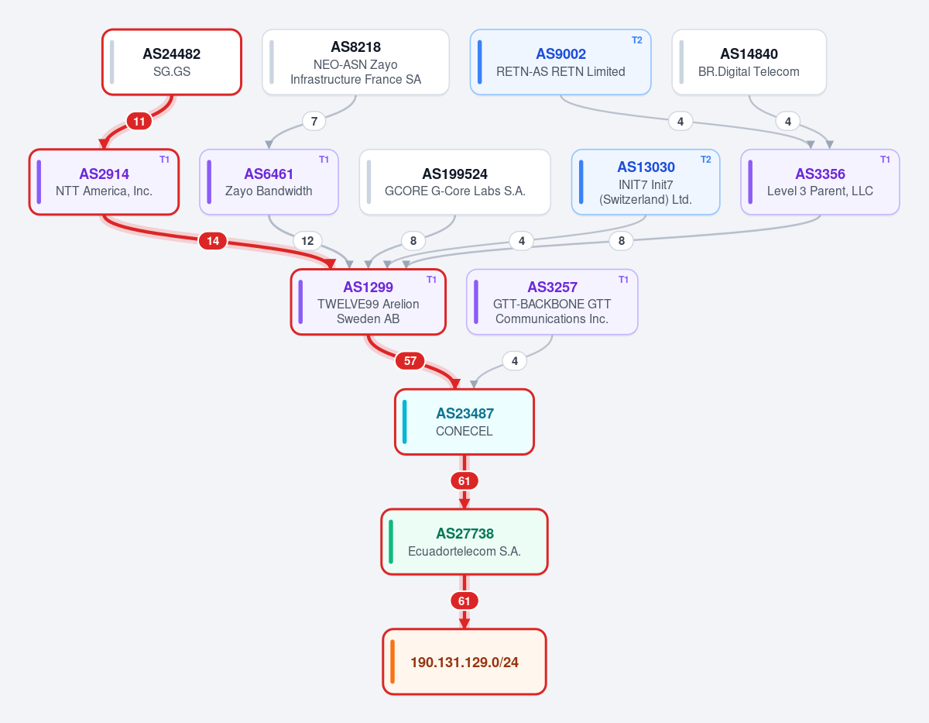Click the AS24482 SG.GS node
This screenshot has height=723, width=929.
pyautogui.click(x=172, y=62)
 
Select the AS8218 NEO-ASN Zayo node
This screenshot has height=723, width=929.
pyautogui.click(x=355, y=62)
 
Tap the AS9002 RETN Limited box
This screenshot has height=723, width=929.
pyautogui.click(x=560, y=62)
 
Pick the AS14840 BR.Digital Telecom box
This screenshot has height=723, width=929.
pyautogui.click(x=749, y=62)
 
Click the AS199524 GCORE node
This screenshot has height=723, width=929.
pyautogui.click(x=455, y=182)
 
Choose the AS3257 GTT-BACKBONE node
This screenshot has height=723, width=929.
pyautogui.click(x=552, y=302)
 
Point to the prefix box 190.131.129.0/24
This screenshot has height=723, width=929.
pyautogui.click(x=464, y=662)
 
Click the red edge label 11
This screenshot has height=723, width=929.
pyautogui.click(x=139, y=122)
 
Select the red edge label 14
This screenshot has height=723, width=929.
pyautogui.click(x=212, y=241)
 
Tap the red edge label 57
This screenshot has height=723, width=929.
pyautogui.click(x=410, y=361)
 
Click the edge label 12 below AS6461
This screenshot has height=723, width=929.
pyautogui.click(x=307, y=241)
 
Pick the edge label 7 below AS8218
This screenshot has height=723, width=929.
pyautogui.click(x=314, y=122)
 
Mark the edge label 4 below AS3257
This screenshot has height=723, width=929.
pyautogui.click(x=515, y=361)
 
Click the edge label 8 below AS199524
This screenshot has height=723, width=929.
pyautogui.click(x=413, y=241)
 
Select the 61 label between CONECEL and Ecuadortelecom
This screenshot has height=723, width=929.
pyautogui.click(x=464, y=481)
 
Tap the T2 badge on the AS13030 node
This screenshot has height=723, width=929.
pyautogui.click(x=706, y=160)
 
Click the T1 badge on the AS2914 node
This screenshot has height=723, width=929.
pyautogui.click(x=164, y=160)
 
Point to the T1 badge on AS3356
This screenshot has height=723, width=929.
pyautogui.click(x=885, y=160)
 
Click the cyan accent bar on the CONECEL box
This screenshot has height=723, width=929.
pyautogui.click(x=404, y=422)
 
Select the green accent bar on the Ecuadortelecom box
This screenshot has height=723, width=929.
pyautogui.click(x=391, y=542)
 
